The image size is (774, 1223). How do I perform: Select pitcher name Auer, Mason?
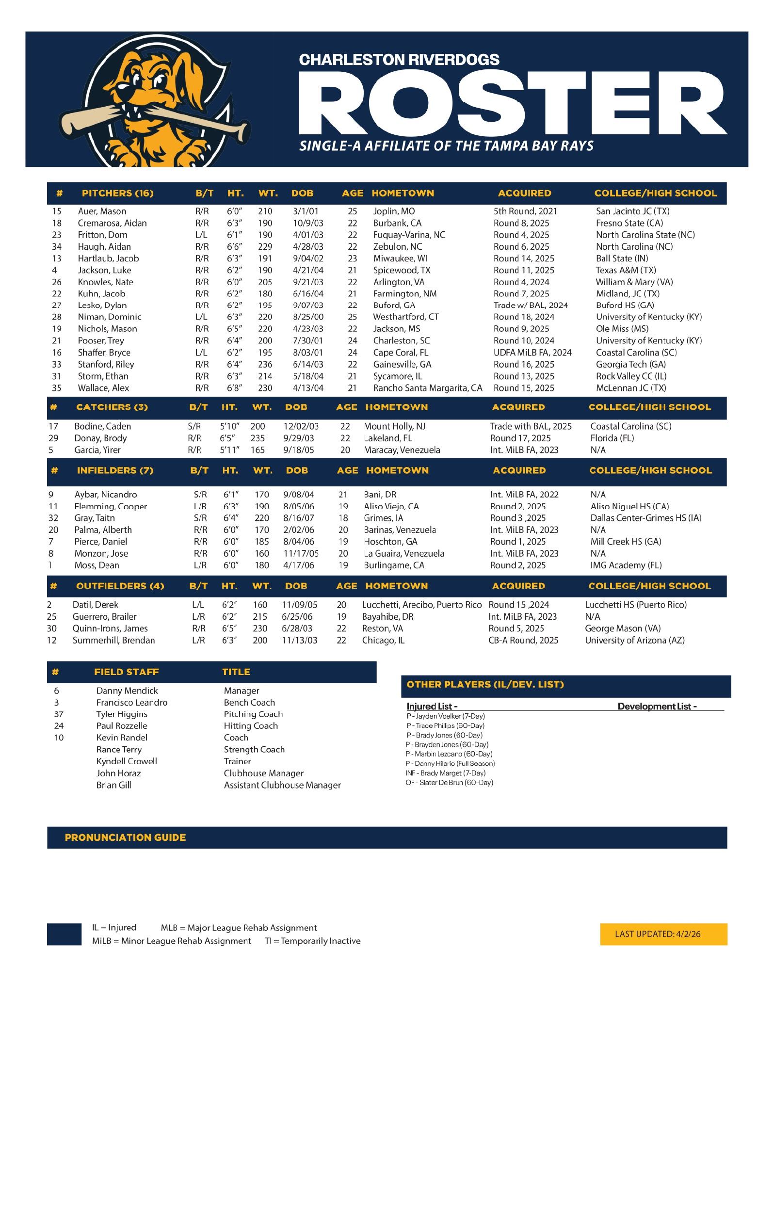click(101, 211)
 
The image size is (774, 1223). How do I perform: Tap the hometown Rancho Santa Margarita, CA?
click(427, 388)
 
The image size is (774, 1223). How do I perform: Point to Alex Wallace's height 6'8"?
click(234, 388)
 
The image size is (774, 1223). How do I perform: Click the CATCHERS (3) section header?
click(112, 407)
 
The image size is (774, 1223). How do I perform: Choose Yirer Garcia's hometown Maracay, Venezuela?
click(402, 450)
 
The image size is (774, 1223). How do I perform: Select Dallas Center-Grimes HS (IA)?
click(645, 518)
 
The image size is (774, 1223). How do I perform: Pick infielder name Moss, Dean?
click(97, 565)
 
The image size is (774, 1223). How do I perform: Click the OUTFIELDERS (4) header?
click(120, 586)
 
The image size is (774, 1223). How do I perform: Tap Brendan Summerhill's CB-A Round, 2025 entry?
click(523, 641)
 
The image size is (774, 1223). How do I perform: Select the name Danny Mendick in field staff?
click(127, 691)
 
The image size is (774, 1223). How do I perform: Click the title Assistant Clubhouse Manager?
click(282, 785)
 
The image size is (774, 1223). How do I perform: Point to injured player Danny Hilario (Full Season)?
click(450, 763)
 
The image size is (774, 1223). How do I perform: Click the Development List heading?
click(657, 707)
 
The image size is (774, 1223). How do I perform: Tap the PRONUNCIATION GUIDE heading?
click(125, 837)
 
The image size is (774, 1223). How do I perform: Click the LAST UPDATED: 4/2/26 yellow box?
click(663, 934)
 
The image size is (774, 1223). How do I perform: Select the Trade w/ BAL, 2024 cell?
click(530, 305)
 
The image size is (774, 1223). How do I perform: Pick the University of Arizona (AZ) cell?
click(634, 641)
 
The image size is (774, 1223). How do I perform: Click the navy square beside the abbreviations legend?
click(64, 934)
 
